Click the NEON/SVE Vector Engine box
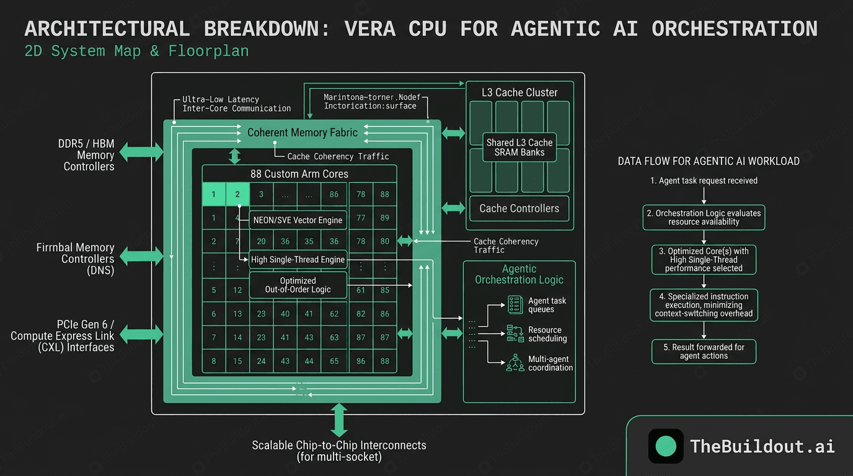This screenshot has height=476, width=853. (297, 220)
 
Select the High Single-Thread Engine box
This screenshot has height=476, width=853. (298, 260)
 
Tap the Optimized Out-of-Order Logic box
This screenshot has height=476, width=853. (298, 285)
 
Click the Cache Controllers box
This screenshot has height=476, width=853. (519, 209)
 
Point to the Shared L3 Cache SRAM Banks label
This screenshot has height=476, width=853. (519, 148)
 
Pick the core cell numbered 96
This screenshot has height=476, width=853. (361, 361)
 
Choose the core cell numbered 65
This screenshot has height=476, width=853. (334, 361)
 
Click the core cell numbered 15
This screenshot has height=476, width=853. (237, 361)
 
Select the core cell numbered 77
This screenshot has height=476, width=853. (361, 218)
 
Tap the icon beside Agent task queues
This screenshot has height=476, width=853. (515, 304)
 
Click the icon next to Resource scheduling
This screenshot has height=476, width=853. (515, 334)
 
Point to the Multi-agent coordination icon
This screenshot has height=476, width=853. (515, 363)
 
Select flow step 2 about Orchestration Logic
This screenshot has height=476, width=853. (704, 217)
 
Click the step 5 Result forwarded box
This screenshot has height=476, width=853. (704, 351)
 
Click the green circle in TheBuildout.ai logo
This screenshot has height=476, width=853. (666, 446)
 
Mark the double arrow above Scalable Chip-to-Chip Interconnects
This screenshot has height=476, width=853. (339, 420)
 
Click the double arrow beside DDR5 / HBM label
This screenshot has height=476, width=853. (141, 151)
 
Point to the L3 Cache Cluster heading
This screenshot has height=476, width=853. (519, 93)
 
